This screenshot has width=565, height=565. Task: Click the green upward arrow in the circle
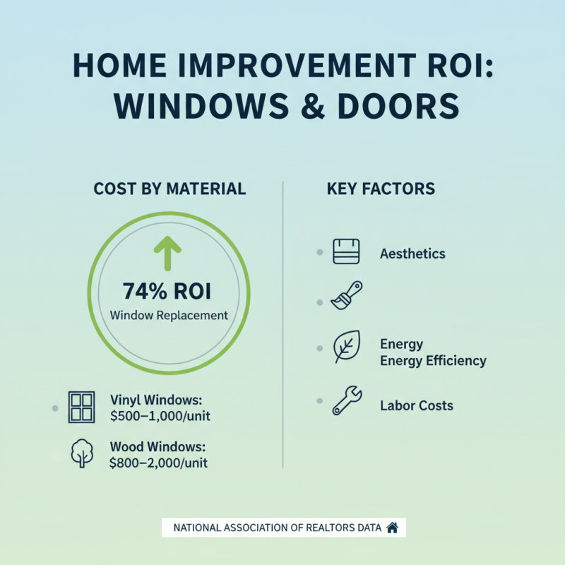tap(168, 253)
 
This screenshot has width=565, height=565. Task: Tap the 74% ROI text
tap(169, 291)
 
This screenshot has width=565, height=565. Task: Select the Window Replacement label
tap(169, 316)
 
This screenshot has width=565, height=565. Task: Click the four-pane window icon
tap(82, 408)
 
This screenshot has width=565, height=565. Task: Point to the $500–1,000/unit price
tap(160, 416)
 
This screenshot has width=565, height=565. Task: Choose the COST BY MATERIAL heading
tap(169, 189)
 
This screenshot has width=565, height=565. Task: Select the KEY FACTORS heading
tap(381, 189)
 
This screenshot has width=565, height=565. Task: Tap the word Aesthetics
tap(412, 253)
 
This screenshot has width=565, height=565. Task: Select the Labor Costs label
tap(417, 405)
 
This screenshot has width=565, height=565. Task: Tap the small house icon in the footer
tap(393, 528)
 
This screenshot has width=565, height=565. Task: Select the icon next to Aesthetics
tap(346, 251)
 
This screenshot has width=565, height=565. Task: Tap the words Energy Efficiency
tap(433, 360)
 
